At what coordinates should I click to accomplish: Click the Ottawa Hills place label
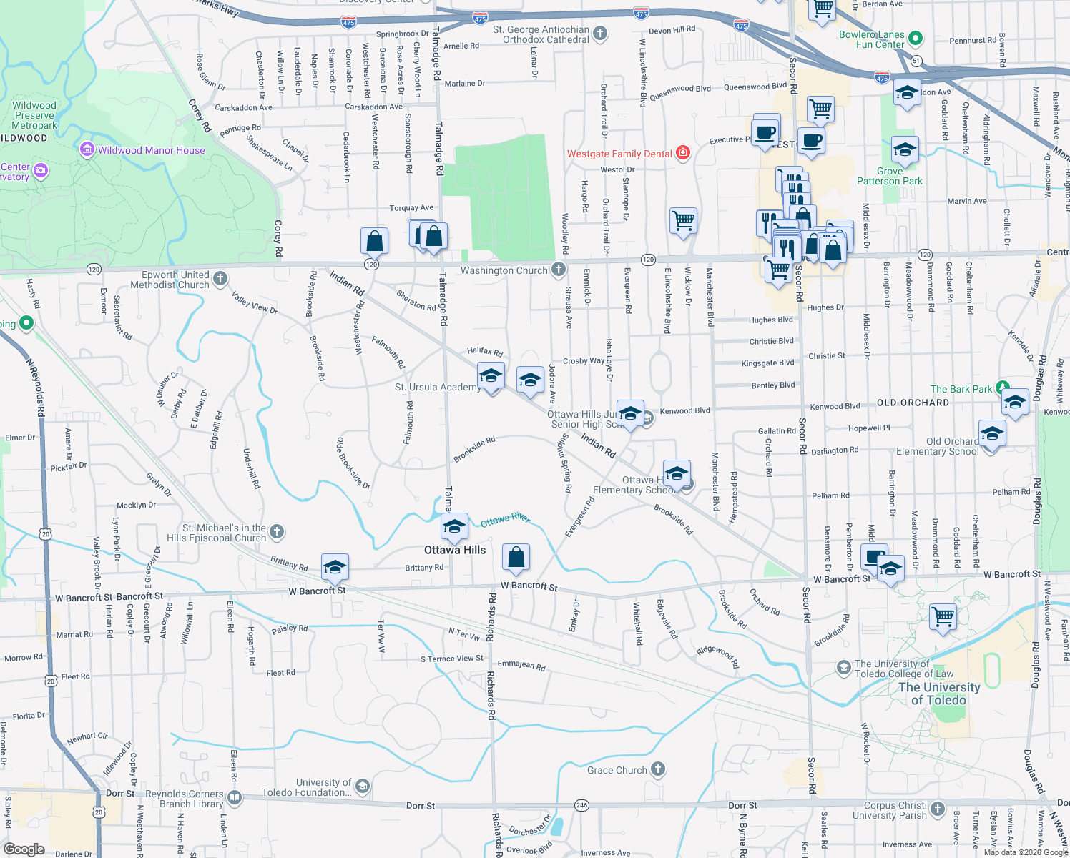coord(455,550)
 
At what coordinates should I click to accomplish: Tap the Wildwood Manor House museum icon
coord(87,150)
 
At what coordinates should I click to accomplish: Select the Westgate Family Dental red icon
coord(683,153)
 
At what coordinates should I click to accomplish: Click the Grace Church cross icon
coord(658,769)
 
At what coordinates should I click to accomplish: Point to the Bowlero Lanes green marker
coord(916,39)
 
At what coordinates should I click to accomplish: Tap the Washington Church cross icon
coord(559,270)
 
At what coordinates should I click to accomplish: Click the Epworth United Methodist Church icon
coord(220,279)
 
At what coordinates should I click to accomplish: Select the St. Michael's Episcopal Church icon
coord(277,532)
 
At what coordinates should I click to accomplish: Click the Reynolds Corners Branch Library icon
coord(235,797)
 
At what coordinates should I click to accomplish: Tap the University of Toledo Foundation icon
coord(363,787)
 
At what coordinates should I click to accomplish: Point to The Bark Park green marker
coord(1003,388)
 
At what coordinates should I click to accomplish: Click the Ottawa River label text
coord(505,520)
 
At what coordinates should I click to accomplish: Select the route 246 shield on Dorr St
coord(581,805)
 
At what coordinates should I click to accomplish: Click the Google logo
coord(24,849)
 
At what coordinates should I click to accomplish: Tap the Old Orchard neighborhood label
coord(913,403)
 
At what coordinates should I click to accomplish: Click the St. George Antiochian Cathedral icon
coord(600,34)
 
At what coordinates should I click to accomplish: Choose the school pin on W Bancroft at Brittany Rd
coord(335,568)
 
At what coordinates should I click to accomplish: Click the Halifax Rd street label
coord(485,351)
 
